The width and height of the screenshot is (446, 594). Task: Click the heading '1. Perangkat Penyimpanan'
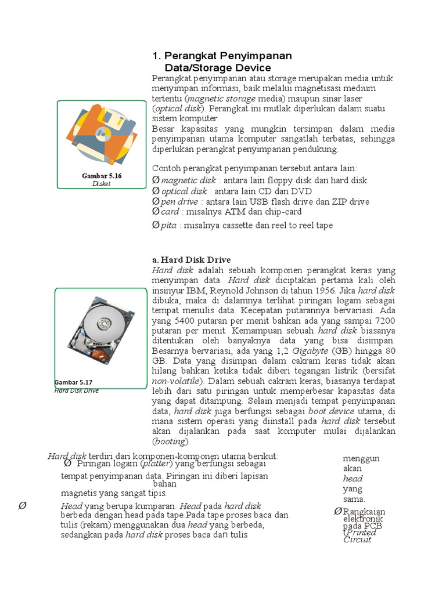coord(222,56)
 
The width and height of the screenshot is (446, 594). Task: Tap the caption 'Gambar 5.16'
coord(102,175)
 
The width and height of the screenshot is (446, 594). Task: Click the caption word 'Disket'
coord(101,184)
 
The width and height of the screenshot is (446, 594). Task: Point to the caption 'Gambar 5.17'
coord(74,382)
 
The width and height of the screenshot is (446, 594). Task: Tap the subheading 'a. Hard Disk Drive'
coord(192,260)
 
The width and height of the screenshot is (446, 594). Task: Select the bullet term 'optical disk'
coord(184,191)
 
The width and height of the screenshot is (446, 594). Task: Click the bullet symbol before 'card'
coord(156,212)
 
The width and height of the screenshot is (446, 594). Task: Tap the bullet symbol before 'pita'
coord(156,225)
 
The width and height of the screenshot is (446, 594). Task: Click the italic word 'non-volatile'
coord(177,381)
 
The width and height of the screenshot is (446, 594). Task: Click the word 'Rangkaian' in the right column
coord(364,512)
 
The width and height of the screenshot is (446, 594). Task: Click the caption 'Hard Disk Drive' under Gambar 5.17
coord(76,390)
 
